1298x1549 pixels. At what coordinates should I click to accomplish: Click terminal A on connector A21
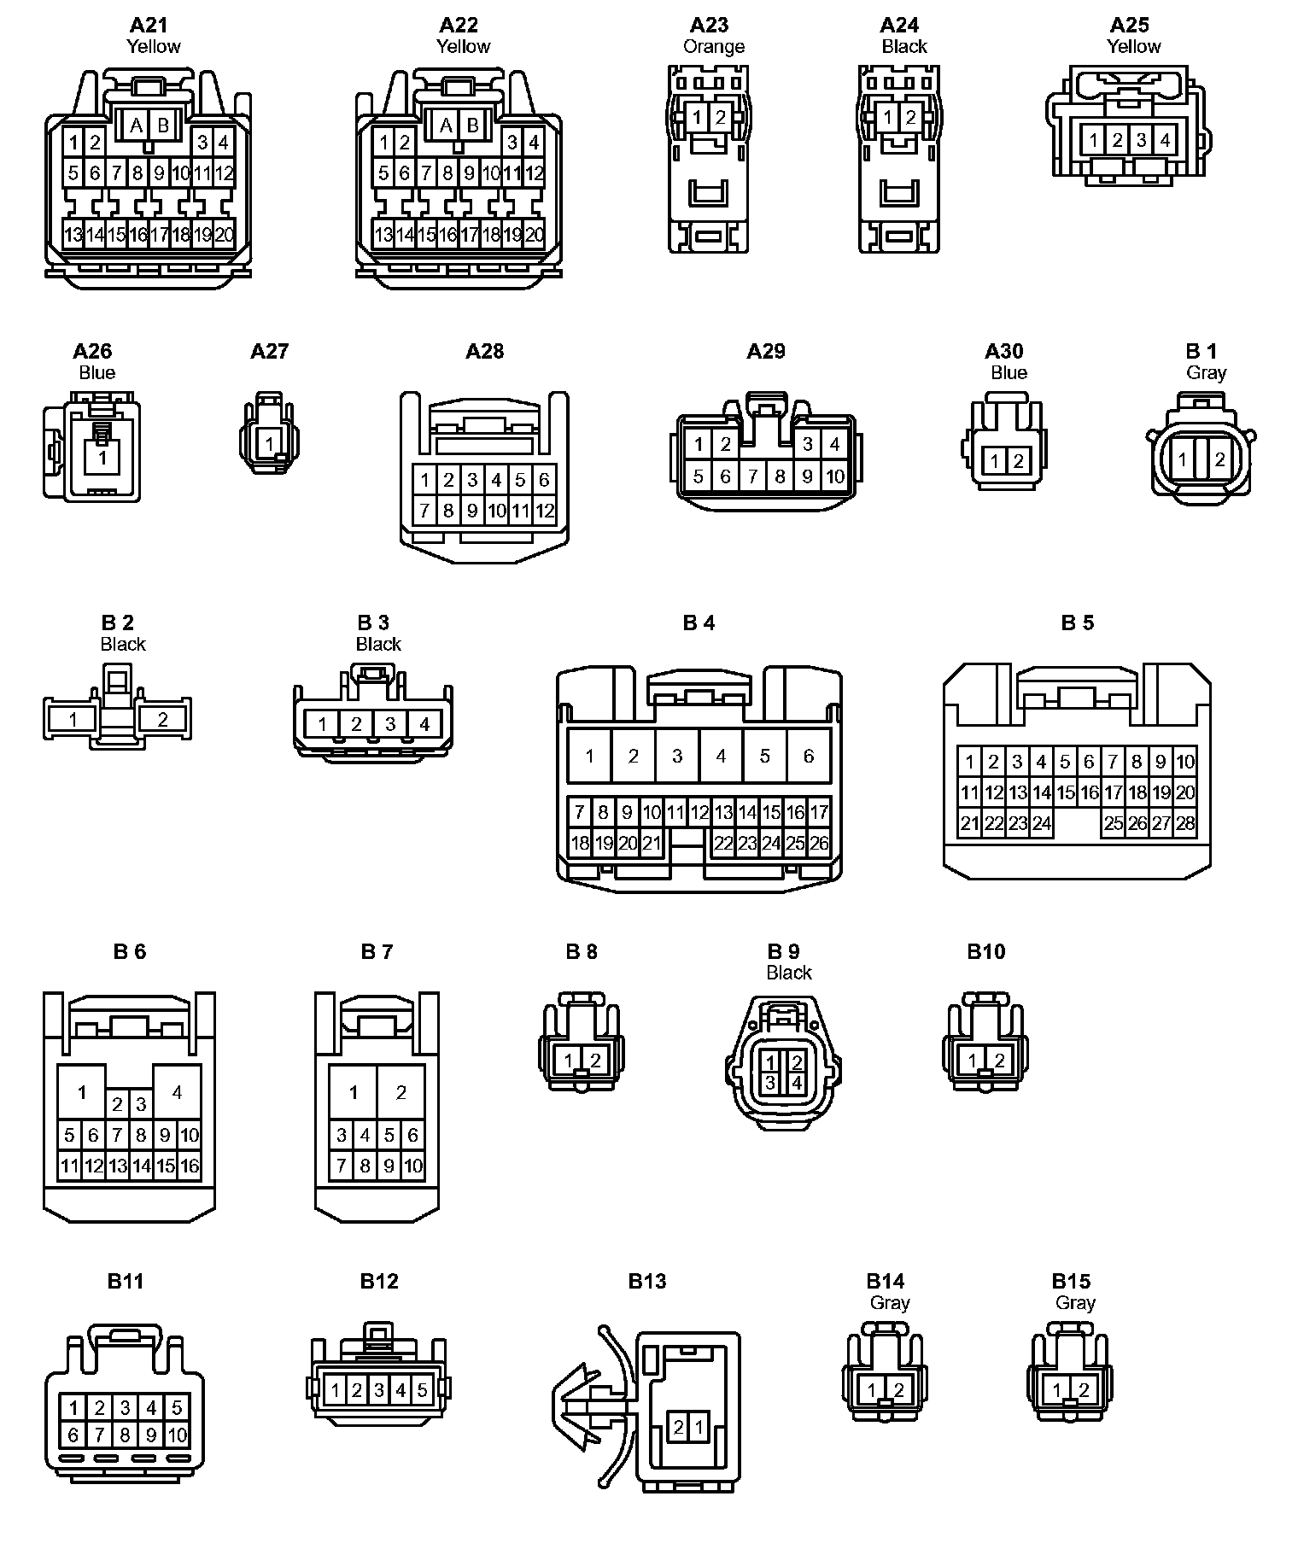pyautogui.click(x=136, y=126)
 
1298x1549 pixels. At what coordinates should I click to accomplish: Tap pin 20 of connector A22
pyautogui.click(x=535, y=234)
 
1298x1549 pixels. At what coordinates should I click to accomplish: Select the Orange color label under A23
pyautogui.click(x=714, y=47)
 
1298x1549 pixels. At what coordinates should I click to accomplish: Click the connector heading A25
pyautogui.click(x=1129, y=25)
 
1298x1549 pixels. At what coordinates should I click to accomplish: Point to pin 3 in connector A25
pyautogui.click(x=1142, y=139)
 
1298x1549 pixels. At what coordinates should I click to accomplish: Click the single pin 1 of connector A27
pyautogui.click(x=270, y=443)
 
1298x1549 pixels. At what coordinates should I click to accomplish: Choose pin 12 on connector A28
pyautogui.click(x=544, y=511)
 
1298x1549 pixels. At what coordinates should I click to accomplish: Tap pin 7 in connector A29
pyautogui.click(x=752, y=476)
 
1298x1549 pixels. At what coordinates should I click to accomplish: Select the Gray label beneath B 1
pyautogui.click(x=1206, y=372)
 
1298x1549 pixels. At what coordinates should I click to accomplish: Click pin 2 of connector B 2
pyautogui.click(x=162, y=719)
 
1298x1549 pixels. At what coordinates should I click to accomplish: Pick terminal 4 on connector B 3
pyautogui.click(x=424, y=724)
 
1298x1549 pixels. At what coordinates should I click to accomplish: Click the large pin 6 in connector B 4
pyautogui.click(x=808, y=756)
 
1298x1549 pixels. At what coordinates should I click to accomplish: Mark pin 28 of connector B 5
pyautogui.click(x=1185, y=823)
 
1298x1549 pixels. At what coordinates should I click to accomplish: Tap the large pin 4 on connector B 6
pyautogui.click(x=177, y=1091)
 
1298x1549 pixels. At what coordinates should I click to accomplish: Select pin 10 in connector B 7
pyautogui.click(x=413, y=1166)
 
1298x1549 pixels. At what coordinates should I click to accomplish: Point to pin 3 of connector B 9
pyautogui.click(x=770, y=1083)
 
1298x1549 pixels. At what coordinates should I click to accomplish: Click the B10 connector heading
pyautogui.click(x=986, y=951)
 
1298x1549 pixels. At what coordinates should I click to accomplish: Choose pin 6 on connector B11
pyautogui.click(x=73, y=1435)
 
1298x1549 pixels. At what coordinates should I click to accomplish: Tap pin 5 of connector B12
pyautogui.click(x=422, y=1390)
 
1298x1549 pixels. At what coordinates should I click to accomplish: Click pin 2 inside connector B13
pyautogui.click(x=678, y=1426)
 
